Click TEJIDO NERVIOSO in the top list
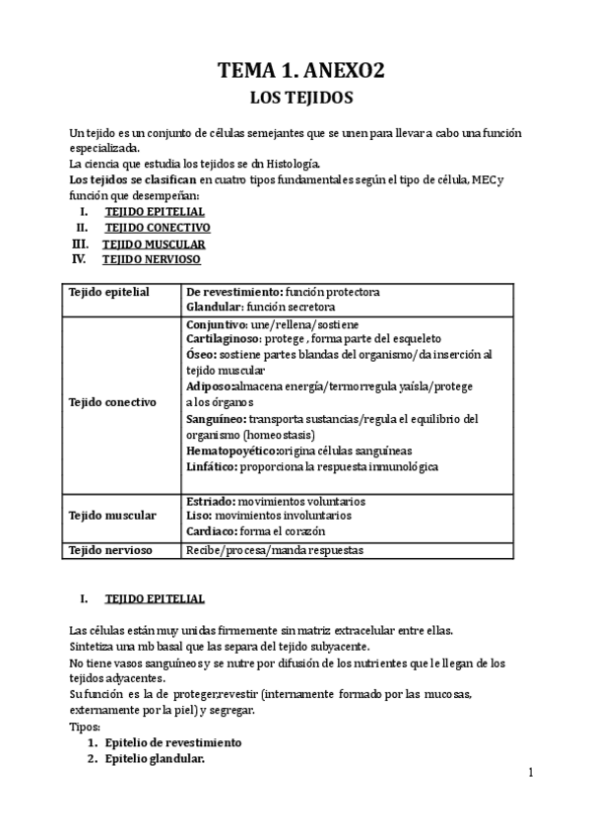152,259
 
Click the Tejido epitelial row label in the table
108,293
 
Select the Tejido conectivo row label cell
111,402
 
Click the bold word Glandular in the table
213,307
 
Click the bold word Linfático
211,466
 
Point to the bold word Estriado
210,501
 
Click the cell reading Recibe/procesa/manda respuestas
275,550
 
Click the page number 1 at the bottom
529,774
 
